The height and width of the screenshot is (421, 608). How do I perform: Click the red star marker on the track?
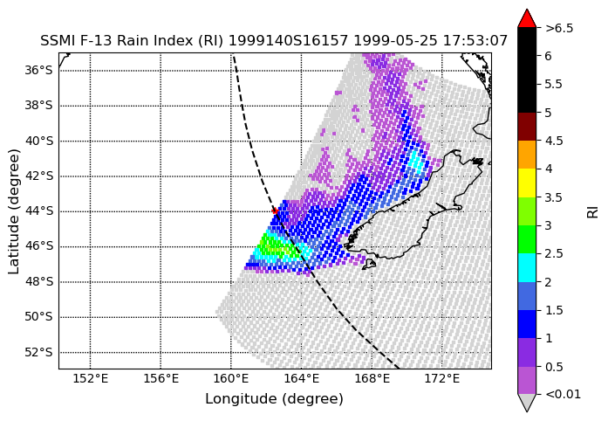click(275, 210)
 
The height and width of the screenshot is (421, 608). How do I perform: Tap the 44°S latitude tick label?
click(39, 211)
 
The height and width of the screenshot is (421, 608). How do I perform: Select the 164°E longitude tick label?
click(302, 378)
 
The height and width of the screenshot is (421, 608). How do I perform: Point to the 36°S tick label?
click(39, 70)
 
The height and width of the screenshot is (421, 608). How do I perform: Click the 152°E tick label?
click(91, 378)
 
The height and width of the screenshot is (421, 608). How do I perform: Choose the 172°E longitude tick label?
click(442, 378)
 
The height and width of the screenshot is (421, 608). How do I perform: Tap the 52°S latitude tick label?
click(39, 352)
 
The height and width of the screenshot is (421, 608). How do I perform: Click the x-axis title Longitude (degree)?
click(274, 399)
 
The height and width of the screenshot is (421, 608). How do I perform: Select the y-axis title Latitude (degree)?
click(14, 211)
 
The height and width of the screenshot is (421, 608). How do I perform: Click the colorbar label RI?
click(593, 211)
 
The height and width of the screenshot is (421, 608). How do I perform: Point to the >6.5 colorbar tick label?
click(559, 28)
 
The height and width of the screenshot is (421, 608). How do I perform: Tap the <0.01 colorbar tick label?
click(563, 395)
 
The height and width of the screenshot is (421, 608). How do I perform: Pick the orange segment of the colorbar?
click(527, 155)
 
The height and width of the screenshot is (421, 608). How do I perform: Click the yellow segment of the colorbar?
click(527, 183)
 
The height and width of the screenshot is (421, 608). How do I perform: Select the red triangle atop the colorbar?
click(527, 18)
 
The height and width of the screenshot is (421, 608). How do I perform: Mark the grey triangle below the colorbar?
click(527, 403)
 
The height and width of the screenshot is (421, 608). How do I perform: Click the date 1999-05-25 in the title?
click(395, 40)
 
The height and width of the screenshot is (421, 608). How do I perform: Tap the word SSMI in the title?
click(54, 40)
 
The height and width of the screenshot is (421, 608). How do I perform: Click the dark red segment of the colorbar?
click(527, 127)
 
